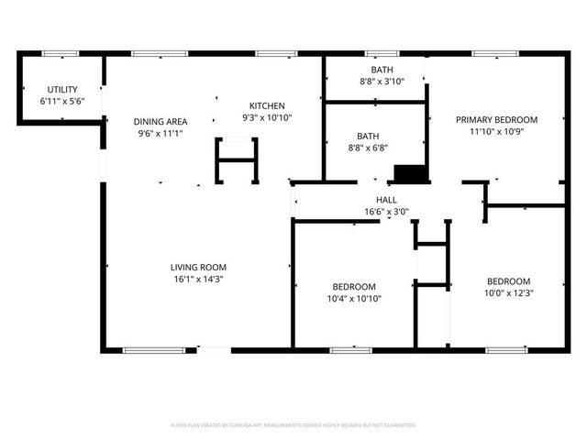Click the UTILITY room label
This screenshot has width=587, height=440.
62,89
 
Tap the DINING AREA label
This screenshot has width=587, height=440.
161,122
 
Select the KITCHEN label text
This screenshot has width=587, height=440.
266,106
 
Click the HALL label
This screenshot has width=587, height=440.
385,200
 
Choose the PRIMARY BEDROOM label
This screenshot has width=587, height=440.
497,120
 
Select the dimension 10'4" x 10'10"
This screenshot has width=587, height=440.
353,299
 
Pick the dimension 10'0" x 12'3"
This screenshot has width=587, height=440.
508,293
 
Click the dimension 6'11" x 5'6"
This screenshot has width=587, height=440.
62,101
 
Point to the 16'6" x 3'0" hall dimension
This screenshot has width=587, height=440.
385,212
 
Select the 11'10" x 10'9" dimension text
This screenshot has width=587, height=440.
497,132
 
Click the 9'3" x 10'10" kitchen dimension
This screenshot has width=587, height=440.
266,118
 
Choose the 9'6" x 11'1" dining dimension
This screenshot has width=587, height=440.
161,134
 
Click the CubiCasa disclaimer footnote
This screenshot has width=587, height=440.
293,425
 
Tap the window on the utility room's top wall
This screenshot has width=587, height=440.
61,53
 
